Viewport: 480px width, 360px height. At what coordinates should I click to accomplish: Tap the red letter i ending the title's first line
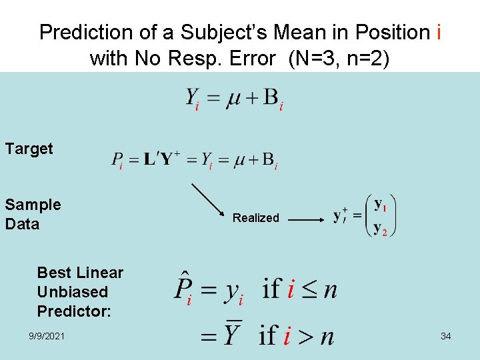437,32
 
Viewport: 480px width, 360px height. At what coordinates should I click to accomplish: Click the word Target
29,149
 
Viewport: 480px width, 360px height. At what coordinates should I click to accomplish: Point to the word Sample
33,205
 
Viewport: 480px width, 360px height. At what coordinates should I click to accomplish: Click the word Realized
255,218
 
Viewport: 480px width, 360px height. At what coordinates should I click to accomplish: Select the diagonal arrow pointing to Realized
210,202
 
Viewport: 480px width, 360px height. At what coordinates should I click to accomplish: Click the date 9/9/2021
47,336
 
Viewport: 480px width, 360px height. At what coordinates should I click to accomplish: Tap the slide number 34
445,336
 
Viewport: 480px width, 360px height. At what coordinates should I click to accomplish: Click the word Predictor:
74,311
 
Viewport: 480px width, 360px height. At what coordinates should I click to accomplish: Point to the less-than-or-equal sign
307,289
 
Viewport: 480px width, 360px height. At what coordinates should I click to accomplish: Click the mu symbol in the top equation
234,99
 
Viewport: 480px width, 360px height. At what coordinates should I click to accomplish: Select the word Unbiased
72,292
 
